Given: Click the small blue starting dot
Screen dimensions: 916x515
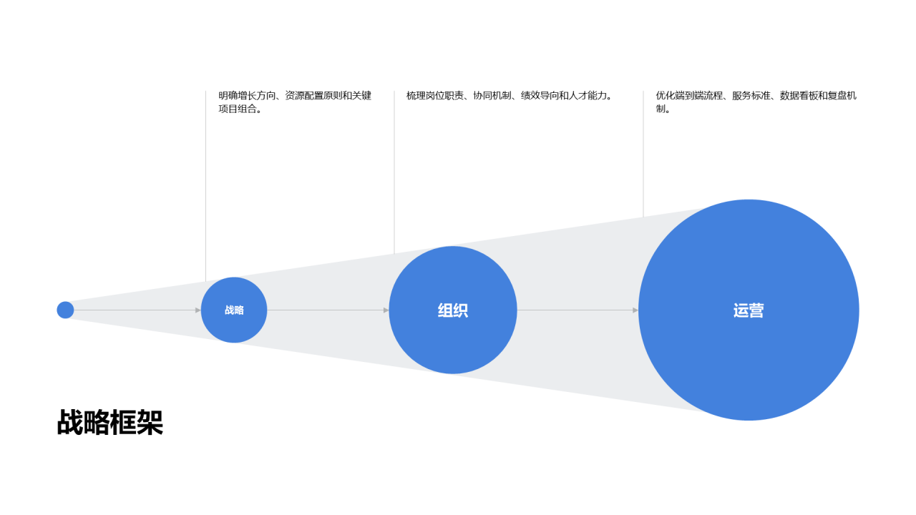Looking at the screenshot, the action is [65, 310].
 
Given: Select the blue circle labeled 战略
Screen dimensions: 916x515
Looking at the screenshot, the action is [234, 310].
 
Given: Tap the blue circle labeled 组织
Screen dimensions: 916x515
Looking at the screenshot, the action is [453, 310].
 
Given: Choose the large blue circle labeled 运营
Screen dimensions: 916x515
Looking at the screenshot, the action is [749, 310].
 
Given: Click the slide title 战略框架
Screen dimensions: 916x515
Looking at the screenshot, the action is [110, 422].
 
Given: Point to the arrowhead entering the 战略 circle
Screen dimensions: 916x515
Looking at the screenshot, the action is [198, 310].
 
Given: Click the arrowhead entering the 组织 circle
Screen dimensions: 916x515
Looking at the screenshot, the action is [386, 310].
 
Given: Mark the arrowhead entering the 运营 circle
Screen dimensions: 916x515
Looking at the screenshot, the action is [635, 310].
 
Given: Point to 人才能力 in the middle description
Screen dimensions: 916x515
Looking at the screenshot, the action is [588, 96].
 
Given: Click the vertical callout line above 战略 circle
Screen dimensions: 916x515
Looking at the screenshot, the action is [205, 186].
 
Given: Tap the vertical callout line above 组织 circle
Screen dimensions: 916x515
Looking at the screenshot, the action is [394, 172].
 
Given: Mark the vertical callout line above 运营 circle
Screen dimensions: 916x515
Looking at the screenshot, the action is [643, 154].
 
